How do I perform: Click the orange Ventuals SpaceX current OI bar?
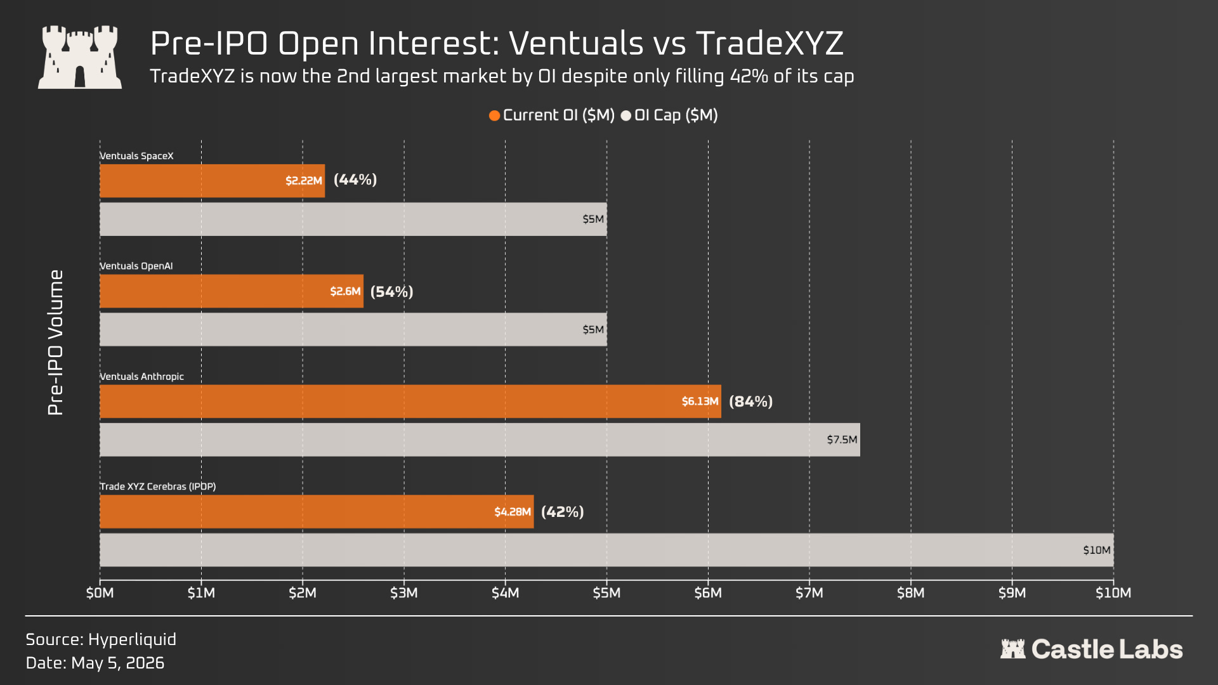coord(212,181)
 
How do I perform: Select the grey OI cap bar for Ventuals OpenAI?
coord(353,329)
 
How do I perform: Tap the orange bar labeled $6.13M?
coord(410,401)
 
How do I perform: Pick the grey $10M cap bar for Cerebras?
coord(606,550)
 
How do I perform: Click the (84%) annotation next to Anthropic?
coord(750,401)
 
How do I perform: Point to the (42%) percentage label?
coord(563,512)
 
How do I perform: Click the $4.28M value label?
coord(513,512)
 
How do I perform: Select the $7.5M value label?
coord(842,440)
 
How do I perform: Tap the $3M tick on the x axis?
coord(404,593)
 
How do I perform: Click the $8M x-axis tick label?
coord(911,593)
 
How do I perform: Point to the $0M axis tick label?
coord(100,593)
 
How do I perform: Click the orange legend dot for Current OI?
coord(495,115)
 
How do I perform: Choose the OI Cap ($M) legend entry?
coord(669,115)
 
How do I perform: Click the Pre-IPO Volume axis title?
coord(56,342)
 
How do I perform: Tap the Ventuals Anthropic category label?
coord(141,377)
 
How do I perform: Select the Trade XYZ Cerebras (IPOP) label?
coord(158,486)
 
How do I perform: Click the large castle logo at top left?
coord(80,57)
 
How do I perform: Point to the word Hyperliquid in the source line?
coord(132,639)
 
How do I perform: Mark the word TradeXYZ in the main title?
coord(769,44)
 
